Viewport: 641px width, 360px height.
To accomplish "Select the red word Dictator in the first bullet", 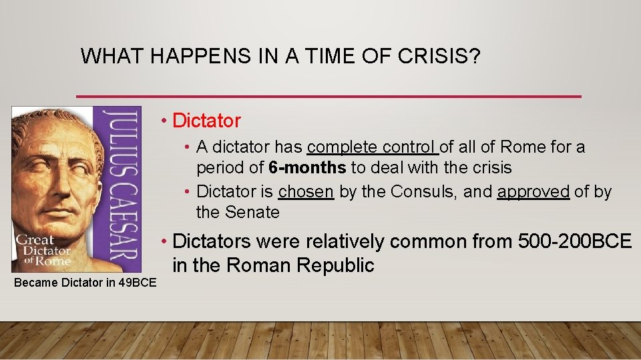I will tap(206, 121).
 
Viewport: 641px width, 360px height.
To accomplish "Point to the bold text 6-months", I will tap(307, 167).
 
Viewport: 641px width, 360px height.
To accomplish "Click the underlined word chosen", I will tap(306, 192).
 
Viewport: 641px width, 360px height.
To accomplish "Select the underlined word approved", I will tap(533, 192).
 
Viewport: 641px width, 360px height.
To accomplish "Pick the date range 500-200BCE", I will tap(574, 241).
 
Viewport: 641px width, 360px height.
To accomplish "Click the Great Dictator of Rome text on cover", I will tap(43, 251).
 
